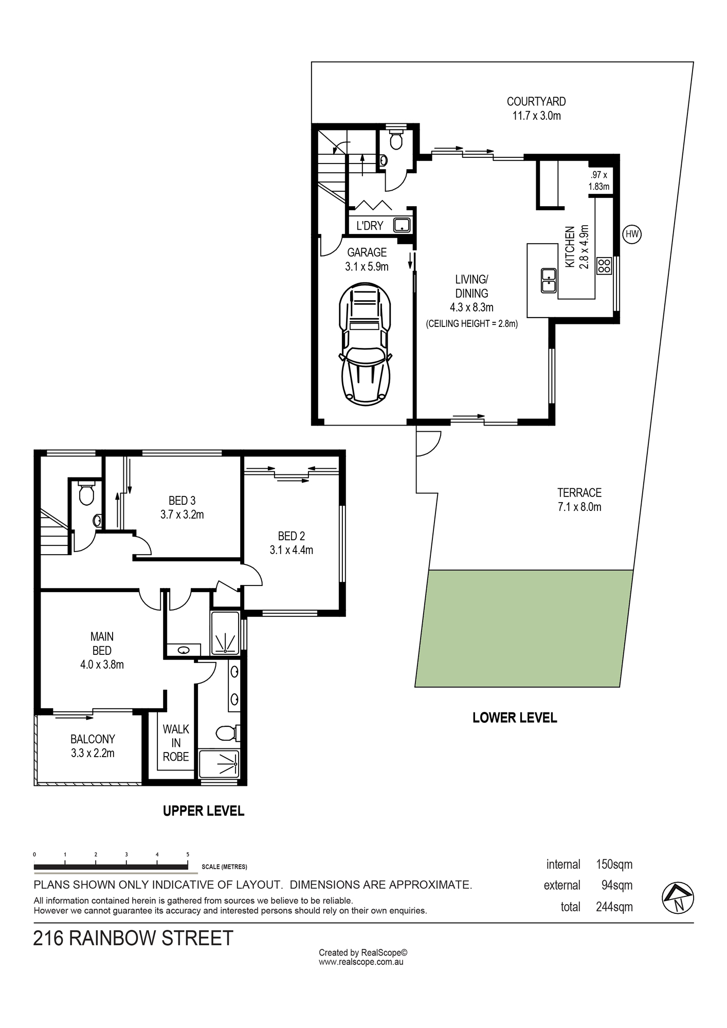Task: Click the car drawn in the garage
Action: [x=365, y=343]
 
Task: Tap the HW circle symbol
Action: [x=632, y=234]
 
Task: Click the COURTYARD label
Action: [x=536, y=102]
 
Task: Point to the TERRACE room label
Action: [x=579, y=492]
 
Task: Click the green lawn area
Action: [x=524, y=628]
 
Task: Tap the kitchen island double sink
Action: [x=549, y=281]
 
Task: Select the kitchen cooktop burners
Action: [x=604, y=266]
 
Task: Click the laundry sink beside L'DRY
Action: [x=401, y=225]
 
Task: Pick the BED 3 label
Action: [x=182, y=500]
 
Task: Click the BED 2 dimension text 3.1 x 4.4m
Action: [x=292, y=550]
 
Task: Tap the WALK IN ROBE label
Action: [x=176, y=743]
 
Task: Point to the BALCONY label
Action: [x=93, y=739]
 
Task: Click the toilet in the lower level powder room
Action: [x=396, y=139]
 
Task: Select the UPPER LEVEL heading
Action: [x=204, y=811]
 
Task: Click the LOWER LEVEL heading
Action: [x=515, y=718]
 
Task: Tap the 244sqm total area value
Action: [x=614, y=907]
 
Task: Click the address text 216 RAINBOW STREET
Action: [x=133, y=938]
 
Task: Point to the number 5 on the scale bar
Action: [x=188, y=854]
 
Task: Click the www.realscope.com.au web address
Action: [x=361, y=962]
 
